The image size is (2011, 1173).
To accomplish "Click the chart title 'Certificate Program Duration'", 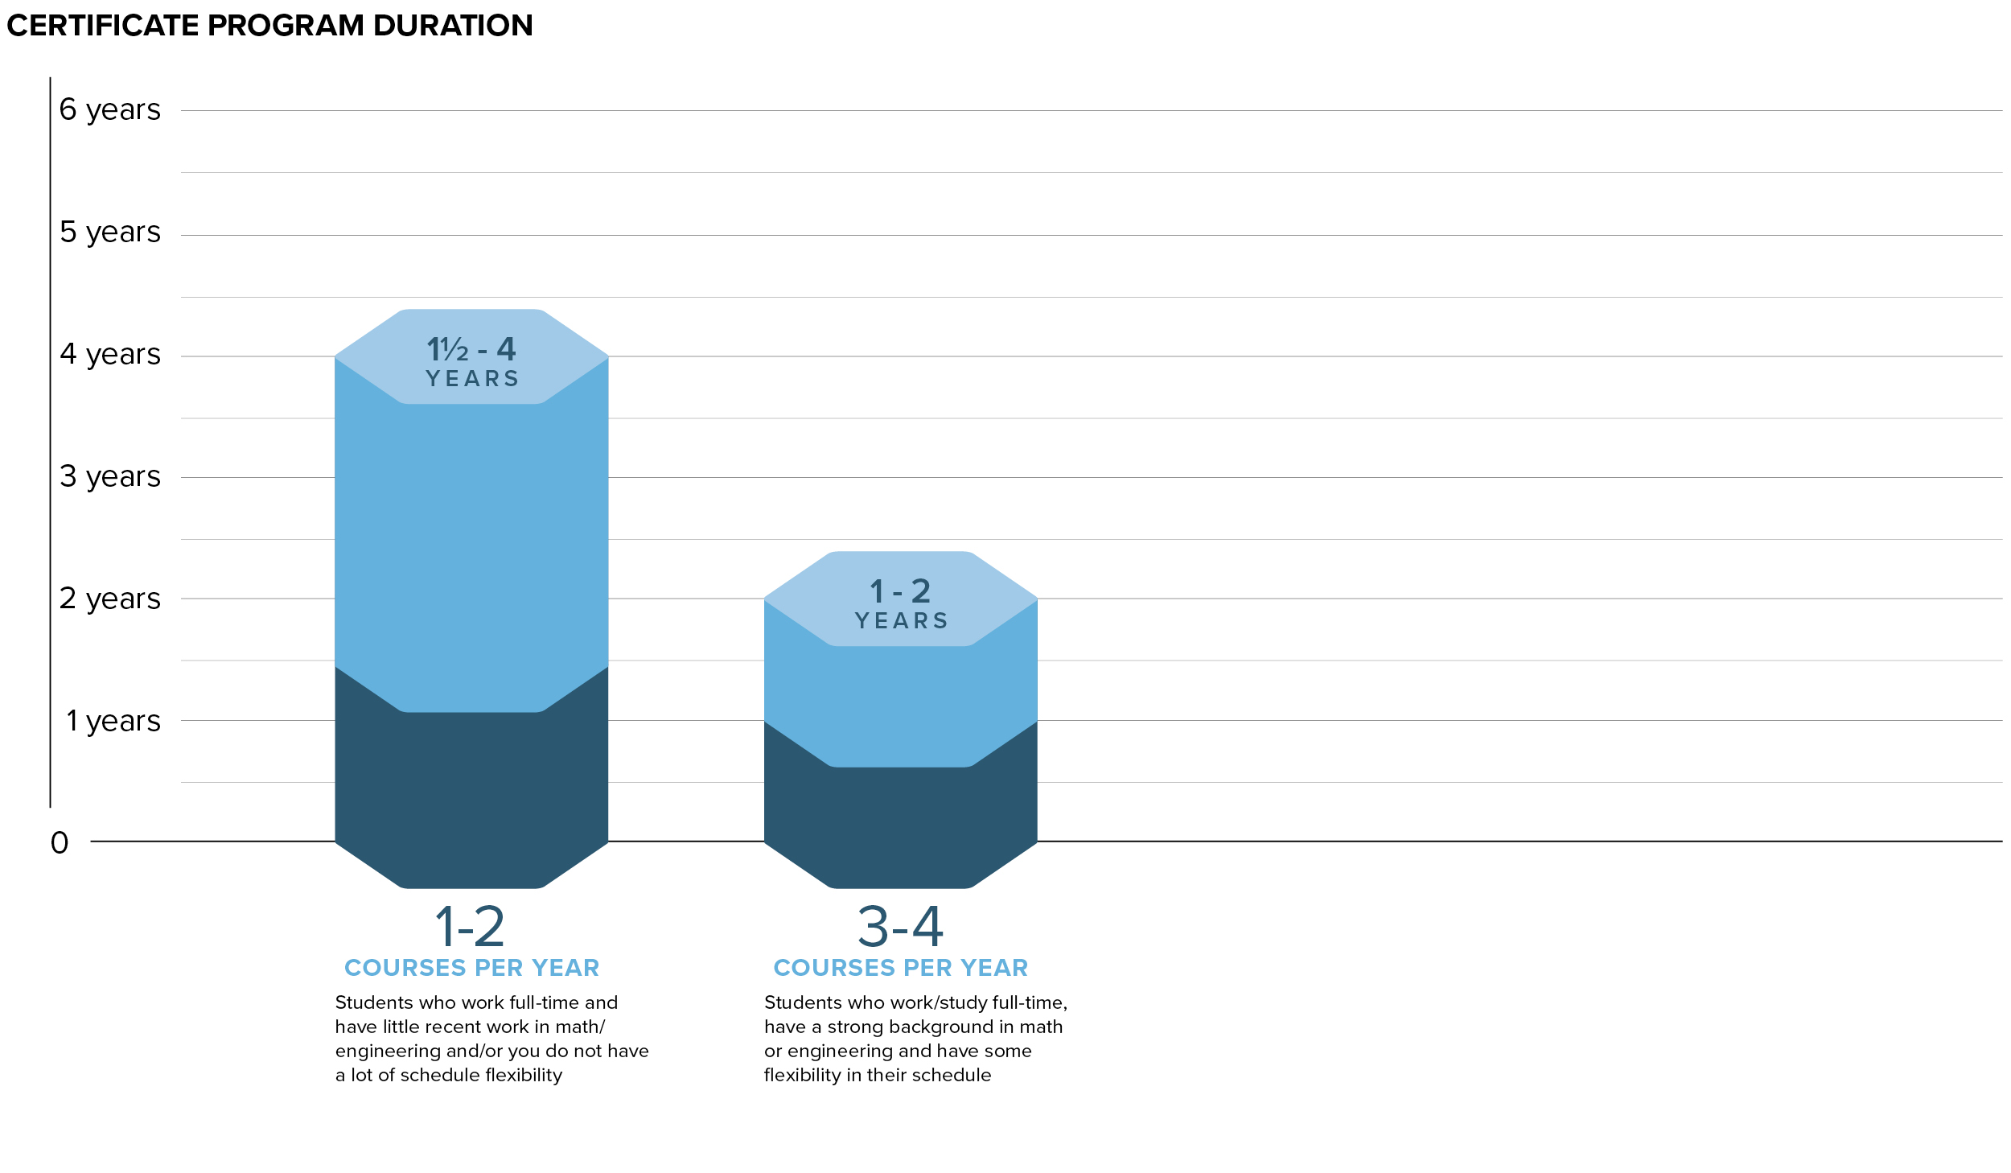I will coord(269,26).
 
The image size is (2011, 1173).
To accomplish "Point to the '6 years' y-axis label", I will coord(110,110).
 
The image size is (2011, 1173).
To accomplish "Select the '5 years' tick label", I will coord(110,233).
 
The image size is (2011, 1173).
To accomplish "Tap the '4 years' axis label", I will coord(110,355).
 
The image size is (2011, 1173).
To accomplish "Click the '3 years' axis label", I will coord(110,477).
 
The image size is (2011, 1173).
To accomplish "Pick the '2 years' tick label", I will coord(110,599).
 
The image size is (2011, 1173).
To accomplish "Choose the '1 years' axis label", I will coord(113,722).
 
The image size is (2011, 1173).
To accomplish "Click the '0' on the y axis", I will coord(60,843).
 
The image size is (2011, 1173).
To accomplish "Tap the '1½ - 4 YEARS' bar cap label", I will coord(472,362).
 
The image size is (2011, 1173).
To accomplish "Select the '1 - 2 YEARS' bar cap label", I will coord(901,604).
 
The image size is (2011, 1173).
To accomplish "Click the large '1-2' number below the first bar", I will coord(470,927).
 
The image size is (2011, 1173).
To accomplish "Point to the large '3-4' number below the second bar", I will coord(900,927).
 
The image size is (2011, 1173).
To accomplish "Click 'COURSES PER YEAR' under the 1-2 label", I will coord(472,968).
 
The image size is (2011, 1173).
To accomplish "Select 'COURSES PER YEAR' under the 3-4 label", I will coord(901,968).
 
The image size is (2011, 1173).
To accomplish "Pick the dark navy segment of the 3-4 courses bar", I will coord(900,821).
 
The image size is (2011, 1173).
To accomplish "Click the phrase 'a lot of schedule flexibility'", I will coord(449,1076).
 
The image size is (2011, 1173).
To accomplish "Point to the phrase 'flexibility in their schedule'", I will coord(878,1076).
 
